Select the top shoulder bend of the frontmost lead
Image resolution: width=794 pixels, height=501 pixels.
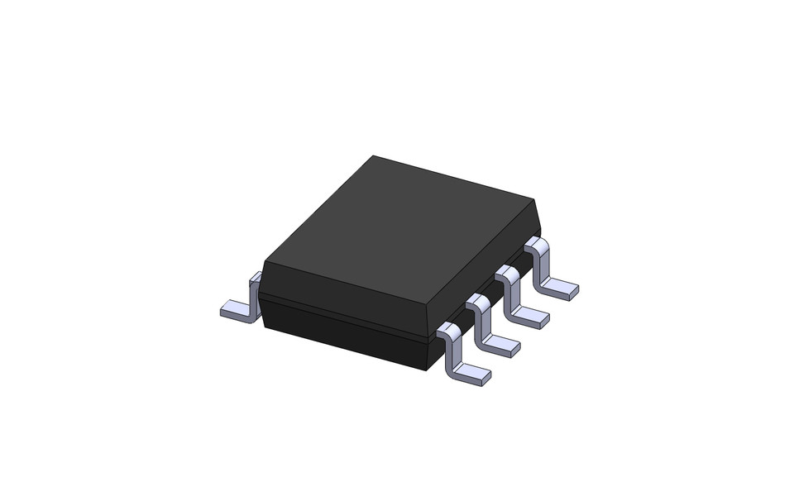(x=447, y=329)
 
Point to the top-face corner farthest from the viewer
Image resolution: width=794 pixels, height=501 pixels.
(x=373, y=155)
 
